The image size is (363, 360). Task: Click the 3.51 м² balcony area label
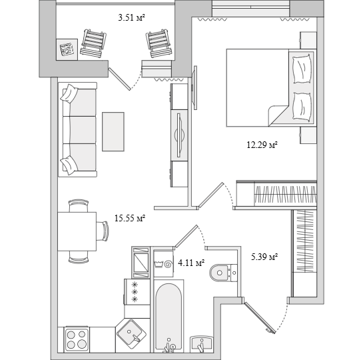tap(131, 17)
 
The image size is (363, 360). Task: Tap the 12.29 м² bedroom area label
tap(262, 145)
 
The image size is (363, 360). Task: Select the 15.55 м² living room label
tap(130, 218)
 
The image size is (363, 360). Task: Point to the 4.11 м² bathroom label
tap(191, 263)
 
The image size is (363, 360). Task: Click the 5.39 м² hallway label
tap(264, 257)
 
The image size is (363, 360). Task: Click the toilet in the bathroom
tap(223, 273)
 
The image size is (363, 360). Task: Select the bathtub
tap(169, 316)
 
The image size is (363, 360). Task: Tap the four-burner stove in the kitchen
tap(77, 339)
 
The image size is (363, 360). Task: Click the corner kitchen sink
tap(131, 334)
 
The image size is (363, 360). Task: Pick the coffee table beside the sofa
tap(113, 131)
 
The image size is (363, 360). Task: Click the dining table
tap(77, 231)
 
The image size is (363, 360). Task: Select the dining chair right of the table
tap(103, 231)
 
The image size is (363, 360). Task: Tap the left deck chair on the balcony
tap(93, 43)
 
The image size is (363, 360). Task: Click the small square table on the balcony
tap(67, 49)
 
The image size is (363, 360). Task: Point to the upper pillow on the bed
tap(302, 69)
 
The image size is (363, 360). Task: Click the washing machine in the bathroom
tap(164, 263)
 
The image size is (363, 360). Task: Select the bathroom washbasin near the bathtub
tap(201, 345)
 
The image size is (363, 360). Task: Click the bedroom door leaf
tap(210, 195)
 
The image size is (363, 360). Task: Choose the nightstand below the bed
tap(308, 135)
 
